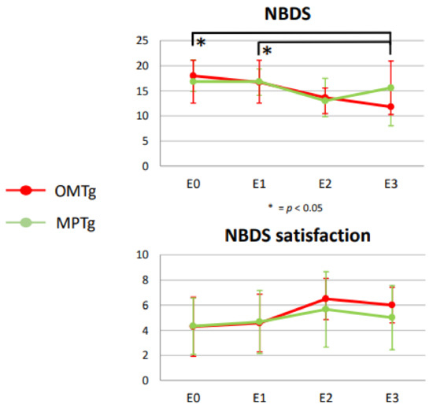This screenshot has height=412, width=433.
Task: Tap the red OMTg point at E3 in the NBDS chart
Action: click(390, 106)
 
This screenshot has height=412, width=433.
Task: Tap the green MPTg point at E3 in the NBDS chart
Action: click(390, 87)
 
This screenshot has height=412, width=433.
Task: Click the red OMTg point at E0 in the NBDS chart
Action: click(193, 76)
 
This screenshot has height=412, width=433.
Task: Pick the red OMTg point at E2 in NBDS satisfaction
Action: click(324, 299)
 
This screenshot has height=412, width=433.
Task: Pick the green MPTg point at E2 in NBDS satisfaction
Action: click(324, 309)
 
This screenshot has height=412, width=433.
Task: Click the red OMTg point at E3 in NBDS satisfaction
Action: click(390, 305)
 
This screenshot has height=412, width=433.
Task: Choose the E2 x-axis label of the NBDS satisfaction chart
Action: click(324, 398)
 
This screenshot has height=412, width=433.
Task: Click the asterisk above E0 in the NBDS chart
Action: click(202, 43)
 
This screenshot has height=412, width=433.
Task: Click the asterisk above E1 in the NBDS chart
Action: click(268, 52)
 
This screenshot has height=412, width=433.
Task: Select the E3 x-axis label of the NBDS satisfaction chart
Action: click(390, 398)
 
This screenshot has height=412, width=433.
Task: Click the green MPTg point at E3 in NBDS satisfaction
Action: click(390, 317)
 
